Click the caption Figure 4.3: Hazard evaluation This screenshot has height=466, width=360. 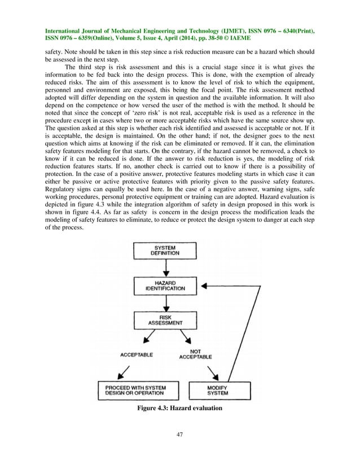(x=180, y=408)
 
